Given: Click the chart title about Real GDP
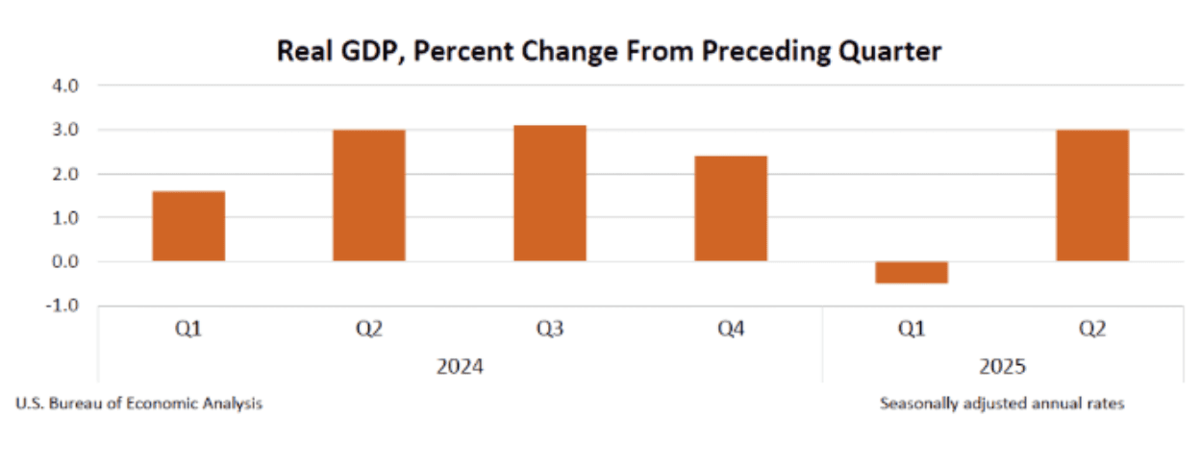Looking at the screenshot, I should click(609, 51).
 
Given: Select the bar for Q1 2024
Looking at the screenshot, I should click(188, 226).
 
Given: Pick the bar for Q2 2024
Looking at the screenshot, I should click(369, 195).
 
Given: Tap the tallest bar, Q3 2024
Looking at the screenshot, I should click(550, 193).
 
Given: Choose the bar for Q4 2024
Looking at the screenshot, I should click(731, 208).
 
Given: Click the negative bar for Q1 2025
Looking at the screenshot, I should click(912, 273).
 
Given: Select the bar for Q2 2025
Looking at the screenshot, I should click(1092, 195).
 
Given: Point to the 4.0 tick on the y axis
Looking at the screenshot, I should click(66, 86).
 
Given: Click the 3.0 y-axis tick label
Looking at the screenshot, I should click(66, 130).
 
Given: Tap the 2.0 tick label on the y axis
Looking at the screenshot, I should click(66, 174).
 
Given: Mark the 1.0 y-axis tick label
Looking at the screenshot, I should click(66, 218).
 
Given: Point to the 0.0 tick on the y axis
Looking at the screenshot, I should click(66, 262).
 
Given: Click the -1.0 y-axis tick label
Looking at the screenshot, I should click(63, 306).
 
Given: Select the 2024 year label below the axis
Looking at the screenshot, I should click(460, 367).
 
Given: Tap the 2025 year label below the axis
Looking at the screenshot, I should click(1002, 367).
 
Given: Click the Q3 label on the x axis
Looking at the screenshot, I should click(550, 330).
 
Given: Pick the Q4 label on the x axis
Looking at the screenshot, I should click(731, 330).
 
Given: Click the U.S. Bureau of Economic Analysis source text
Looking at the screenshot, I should click(138, 404).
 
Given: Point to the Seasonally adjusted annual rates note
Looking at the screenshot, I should click(1002, 404).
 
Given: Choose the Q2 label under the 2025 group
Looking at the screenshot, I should click(1092, 330).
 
